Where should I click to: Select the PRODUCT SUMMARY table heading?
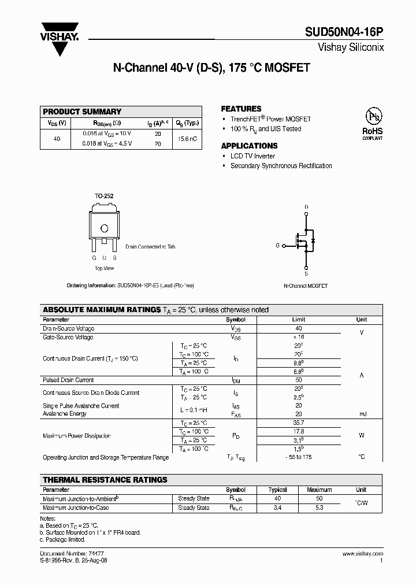click(82, 112)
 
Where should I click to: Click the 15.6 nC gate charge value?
click(188, 139)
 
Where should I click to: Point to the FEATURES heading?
click(241, 109)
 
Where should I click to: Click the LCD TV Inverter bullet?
click(252, 156)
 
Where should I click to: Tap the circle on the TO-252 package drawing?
click(105, 228)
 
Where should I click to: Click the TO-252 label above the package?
click(104, 196)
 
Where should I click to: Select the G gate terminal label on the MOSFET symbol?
click(277, 246)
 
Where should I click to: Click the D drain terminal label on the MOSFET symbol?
click(306, 207)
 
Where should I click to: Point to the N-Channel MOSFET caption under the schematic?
click(306, 286)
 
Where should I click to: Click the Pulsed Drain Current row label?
click(68, 380)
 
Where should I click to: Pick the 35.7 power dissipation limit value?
click(298, 423)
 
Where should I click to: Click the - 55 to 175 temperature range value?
click(298, 457)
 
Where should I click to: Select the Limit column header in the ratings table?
click(298, 320)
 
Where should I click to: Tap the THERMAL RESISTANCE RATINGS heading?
click(105, 480)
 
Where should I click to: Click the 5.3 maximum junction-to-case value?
click(319, 508)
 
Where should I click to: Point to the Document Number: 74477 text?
click(64, 554)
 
